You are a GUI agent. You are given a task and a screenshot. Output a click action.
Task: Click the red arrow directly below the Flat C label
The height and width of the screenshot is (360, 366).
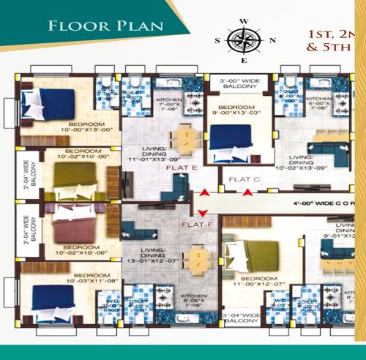[x=249, y=192]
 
